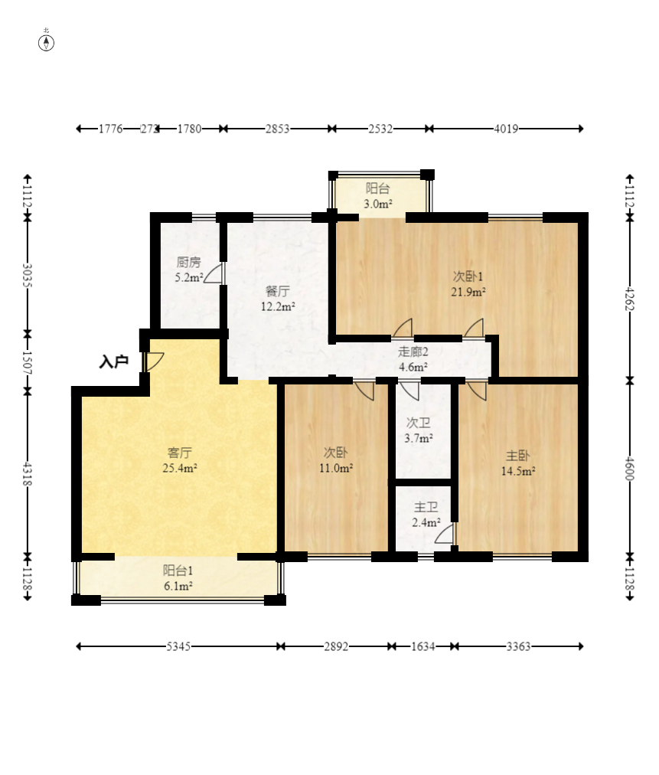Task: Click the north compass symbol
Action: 46,43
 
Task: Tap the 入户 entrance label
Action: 113,361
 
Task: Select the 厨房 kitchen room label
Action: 189,262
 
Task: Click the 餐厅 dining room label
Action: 278,291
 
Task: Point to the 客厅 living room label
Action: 180,453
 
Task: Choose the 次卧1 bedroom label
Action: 468,276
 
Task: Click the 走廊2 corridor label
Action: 413,352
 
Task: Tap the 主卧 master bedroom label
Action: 517,456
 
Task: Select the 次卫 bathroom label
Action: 419,423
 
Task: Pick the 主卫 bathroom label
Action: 426,507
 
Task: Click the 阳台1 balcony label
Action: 178,571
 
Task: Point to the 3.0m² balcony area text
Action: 378,204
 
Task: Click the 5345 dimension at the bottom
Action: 178,646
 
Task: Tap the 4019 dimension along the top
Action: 506,129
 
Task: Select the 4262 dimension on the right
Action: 629,299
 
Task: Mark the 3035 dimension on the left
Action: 28,276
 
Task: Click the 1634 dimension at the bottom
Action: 422,646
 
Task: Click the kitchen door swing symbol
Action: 214,273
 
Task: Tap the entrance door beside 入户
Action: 153,361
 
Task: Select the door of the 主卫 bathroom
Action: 445,534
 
